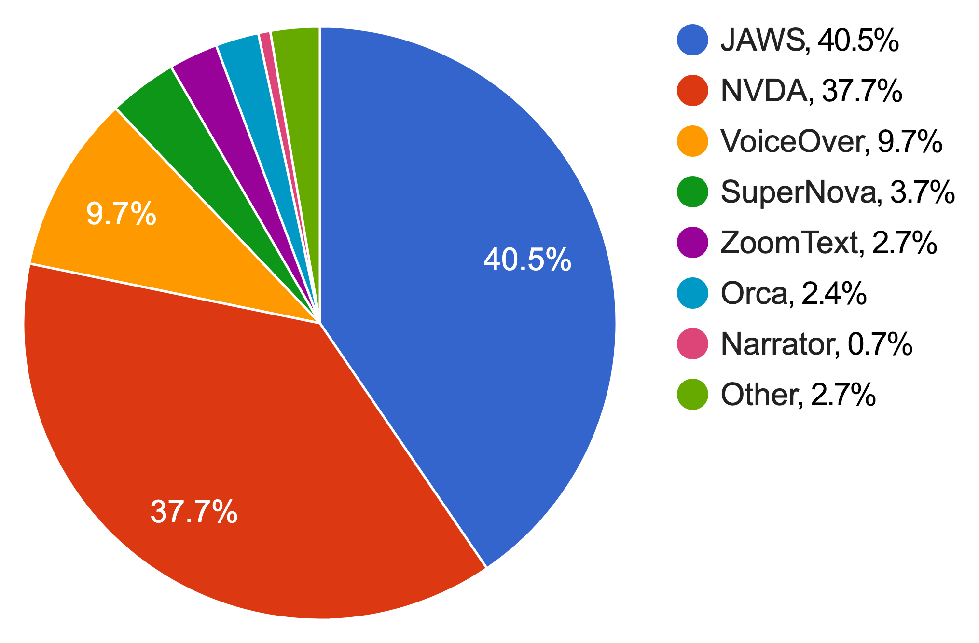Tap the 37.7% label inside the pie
[194, 512]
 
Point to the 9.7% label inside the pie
[121, 214]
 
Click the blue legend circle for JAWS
[692, 40]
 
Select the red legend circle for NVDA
[692, 90]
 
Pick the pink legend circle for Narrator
[692, 343]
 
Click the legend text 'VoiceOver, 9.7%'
[831, 141]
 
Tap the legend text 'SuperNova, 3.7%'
[837, 192]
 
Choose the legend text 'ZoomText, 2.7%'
[828, 243]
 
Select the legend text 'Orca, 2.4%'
[793, 293]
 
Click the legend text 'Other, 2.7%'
[798, 395]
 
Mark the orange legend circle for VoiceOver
[692, 141]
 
